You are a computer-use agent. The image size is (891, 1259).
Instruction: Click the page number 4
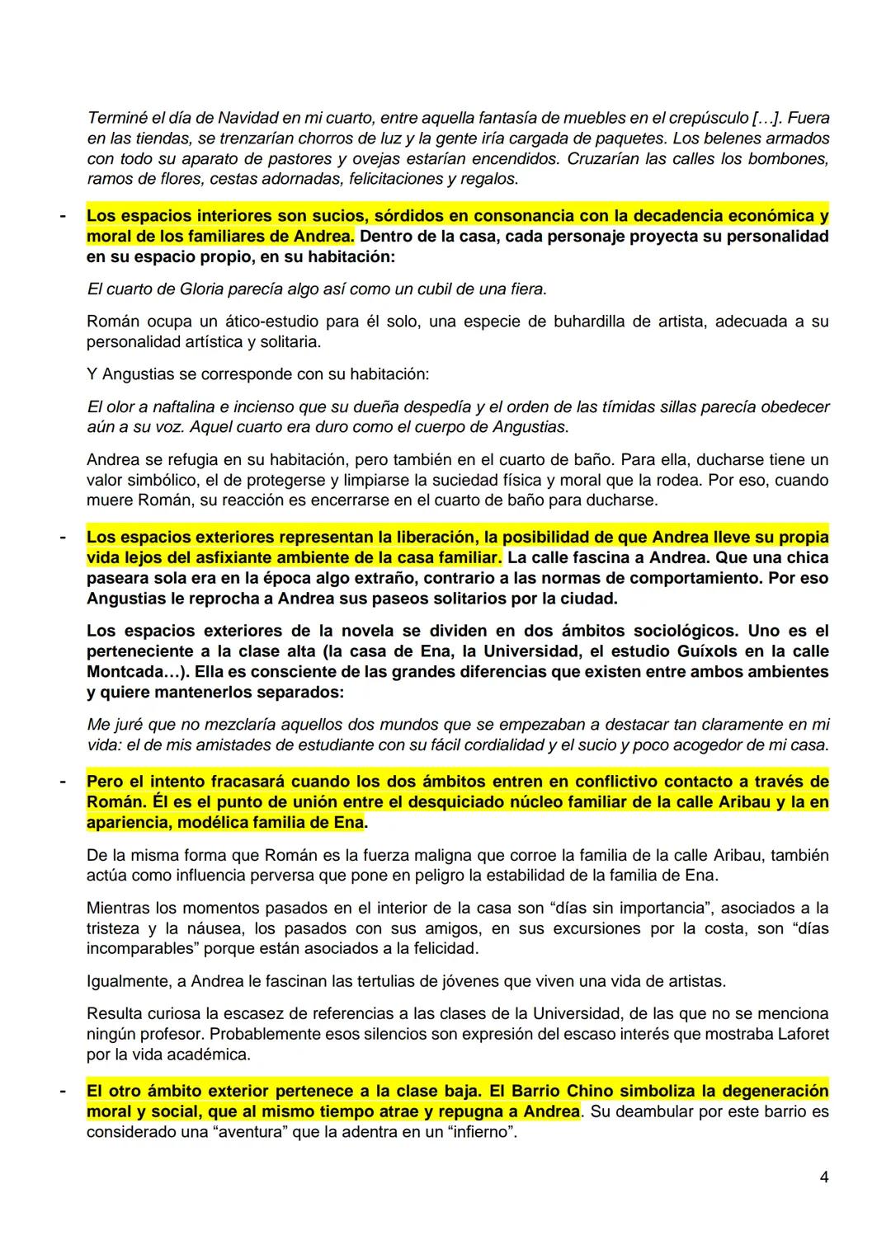(824, 1178)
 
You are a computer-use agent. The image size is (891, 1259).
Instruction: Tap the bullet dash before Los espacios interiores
(61, 217)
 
